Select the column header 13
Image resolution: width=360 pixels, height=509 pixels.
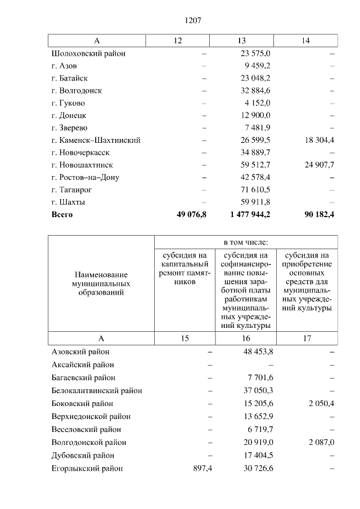click(x=242, y=41)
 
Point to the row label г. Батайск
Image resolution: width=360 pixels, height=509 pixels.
click(x=69, y=78)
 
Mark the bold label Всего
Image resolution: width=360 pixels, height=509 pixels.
click(x=62, y=214)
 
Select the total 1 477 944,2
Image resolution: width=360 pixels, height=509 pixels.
click(x=250, y=214)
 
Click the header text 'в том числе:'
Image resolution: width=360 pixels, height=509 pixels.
click(x=246, y=242)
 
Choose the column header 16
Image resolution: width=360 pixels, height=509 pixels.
click(x=246, y=339)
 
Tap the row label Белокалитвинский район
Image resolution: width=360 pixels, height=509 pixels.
click(x=97, y=390)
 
